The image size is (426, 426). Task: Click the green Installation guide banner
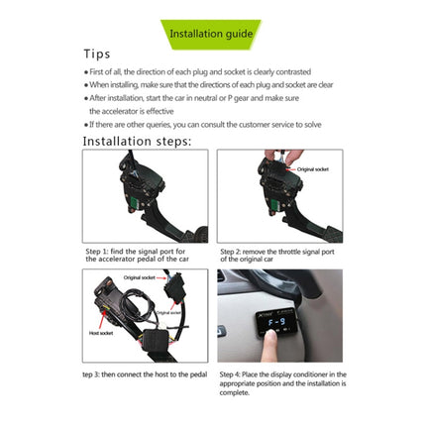[210, 34]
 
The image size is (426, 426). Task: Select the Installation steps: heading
[137, 141]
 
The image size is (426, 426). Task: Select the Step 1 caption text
[145, 256]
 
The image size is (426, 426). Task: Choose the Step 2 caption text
[280, 256]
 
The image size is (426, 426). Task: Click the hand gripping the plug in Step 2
[274, 161]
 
